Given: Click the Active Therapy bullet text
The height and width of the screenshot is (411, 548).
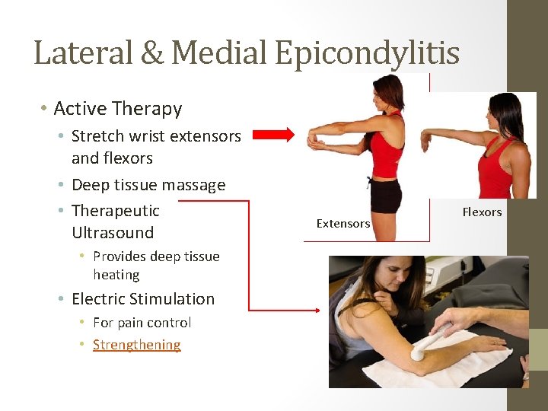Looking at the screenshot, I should tap(117, 109).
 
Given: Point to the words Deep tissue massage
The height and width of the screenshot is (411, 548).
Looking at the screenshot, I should tap(148, 185).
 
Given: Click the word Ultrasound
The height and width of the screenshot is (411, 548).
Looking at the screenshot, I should tap(113, 233).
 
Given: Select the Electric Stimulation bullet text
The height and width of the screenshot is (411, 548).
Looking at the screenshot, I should tap(143, 299).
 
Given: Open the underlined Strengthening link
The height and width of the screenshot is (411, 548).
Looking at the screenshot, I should tap(137, 345).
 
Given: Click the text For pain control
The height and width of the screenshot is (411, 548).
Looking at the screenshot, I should tap(142, 323).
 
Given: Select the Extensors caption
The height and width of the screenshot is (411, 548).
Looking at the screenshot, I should tap(342, 224).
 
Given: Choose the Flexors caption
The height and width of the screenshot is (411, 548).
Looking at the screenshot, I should tap(482, 212).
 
